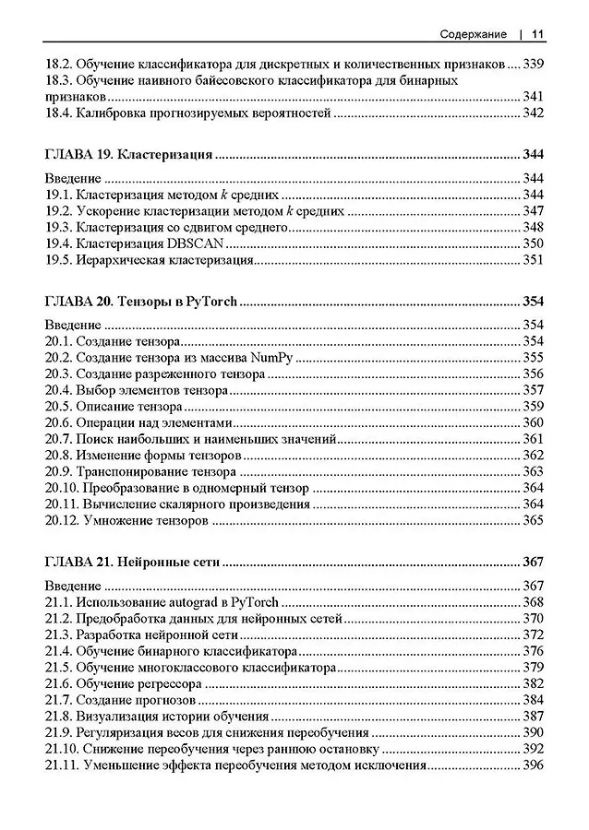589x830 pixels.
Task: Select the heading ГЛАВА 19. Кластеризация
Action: coord(130,154)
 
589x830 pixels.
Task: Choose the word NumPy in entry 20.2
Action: coord(270,358)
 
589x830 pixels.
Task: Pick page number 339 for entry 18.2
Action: coord(534,65)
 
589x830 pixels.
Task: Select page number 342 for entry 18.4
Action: coord(534,113)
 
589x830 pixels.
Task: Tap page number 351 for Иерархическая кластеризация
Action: coord(534,260)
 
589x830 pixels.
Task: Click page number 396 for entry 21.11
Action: coord(534,765)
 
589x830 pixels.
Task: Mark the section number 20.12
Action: coord(61,521)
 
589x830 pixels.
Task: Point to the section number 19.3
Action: coord(57,228)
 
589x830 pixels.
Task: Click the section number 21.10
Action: coord(61,749)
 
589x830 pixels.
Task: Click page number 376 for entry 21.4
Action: coord(534,651)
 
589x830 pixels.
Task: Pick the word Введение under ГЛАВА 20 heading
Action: coord(74,325)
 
